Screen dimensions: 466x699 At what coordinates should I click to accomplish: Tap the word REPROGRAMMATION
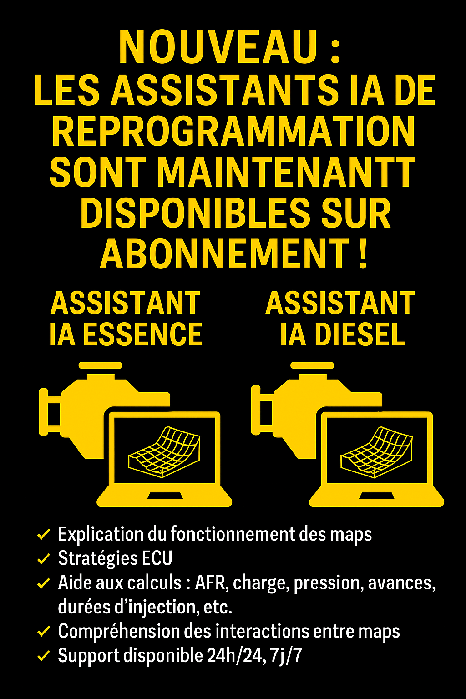[x=233, y=132]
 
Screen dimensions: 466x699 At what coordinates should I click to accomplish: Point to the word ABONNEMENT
[x=224, y=253]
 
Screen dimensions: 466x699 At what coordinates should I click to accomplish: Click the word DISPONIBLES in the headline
[x=195, y=213]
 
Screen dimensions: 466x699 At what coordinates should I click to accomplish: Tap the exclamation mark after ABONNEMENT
[x=362, y=253]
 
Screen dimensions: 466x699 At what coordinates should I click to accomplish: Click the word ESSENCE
[x=143, y=334]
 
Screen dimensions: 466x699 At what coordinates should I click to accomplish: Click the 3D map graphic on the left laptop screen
[x=164, y=452]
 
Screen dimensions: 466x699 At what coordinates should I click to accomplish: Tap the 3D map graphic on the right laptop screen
[x=376, y=452]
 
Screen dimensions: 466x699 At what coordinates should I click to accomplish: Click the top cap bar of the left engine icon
[x=100, y=365]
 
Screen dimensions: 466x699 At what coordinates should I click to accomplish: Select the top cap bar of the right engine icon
[x=312, y=365]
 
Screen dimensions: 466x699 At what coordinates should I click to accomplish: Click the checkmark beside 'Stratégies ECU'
[x=43, y=558]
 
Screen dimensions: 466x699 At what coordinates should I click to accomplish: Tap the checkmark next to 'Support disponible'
[x=43, y=656]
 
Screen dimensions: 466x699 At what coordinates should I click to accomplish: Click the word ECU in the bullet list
[x=157, y=558]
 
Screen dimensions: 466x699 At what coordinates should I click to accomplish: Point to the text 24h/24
[x=234, y=656]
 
